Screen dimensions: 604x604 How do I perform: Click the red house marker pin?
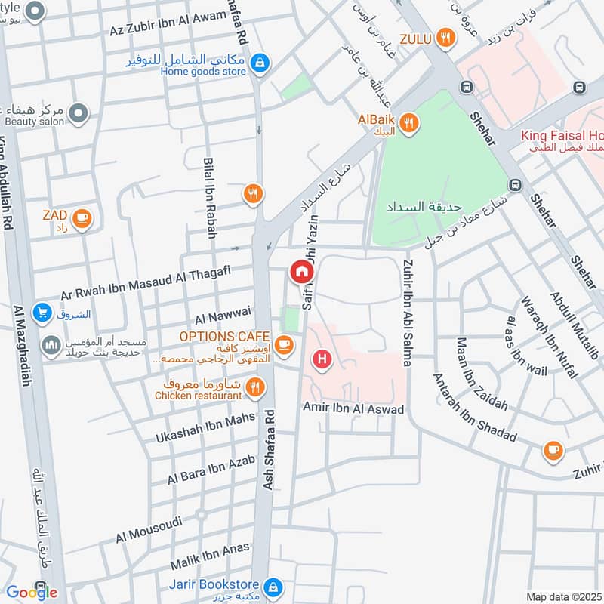tap(300, 270)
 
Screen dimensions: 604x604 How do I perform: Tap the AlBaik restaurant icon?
tap(408, 123)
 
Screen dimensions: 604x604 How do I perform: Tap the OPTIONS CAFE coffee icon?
tap(283, 345)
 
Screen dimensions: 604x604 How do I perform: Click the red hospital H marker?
tap(323, 360)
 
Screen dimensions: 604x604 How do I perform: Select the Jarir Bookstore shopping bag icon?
tap(273, 586)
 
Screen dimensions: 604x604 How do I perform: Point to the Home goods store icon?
tap(260, 63)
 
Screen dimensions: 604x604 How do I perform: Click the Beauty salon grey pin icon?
tap(78, 114)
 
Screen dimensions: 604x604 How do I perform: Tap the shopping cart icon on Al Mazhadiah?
tap(42, 312)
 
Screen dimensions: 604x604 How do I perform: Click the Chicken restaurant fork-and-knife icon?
tap(256, 388)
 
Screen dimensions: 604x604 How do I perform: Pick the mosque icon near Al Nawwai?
tap(51, 345)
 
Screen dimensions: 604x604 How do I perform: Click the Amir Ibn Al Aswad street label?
tap(353, 408)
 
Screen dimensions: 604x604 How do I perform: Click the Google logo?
tap(32, 592)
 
